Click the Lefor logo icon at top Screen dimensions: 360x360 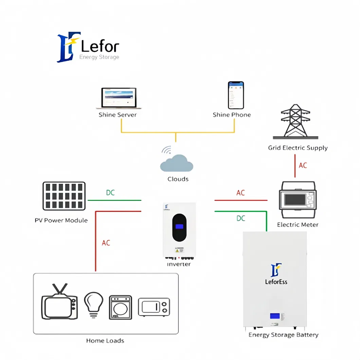[69, 47]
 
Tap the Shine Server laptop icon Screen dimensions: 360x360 [119, 98]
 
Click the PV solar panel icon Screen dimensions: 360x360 [64, 196]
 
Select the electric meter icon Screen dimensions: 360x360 [297, 200]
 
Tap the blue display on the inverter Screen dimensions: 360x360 [179, 227]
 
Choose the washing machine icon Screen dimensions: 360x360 [120, 307]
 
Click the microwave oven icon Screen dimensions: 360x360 [154, 307]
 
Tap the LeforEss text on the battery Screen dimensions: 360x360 [276, 282]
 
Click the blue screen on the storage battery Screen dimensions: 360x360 [275, 316]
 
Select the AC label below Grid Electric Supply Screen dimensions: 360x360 [303, 165]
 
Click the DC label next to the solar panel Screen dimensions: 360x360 [110, 193]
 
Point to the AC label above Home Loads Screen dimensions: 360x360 [106, 243]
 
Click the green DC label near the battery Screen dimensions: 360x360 [240, 218]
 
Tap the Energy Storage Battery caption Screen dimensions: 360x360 [283, 335]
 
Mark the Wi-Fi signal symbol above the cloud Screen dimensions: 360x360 [166, 150]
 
